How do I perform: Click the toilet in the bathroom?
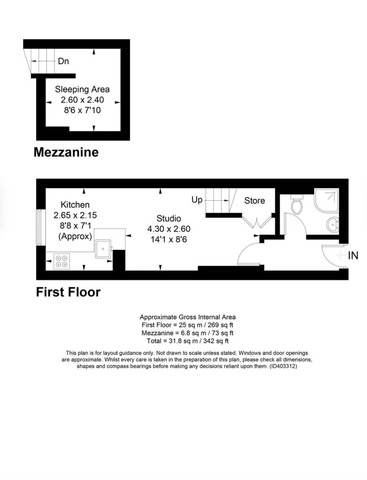[297, 204]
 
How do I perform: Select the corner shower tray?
[326, 200]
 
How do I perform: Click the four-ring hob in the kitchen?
[62, 261]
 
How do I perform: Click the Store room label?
[254, 200]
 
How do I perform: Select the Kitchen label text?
[75, 205]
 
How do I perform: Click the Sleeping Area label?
[82, 89]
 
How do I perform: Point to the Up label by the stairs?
[197, 200]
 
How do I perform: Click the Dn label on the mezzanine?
[63, 61]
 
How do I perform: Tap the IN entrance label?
[353, 255]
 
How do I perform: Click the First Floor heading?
[68, 292]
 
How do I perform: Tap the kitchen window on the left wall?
[39, 228]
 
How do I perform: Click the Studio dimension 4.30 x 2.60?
[168, 229]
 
